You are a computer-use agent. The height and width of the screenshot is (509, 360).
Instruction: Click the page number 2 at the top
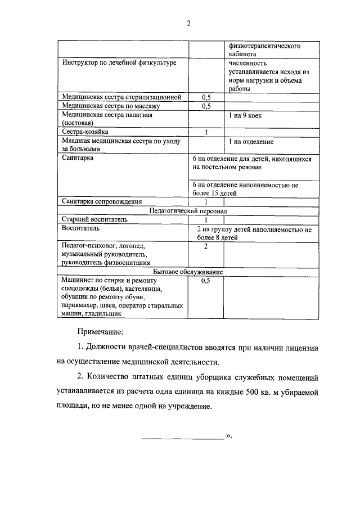point(188,23)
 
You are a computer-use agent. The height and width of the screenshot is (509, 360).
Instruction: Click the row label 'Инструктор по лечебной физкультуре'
point(119,63)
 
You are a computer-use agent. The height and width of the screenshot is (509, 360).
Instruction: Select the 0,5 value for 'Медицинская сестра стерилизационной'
point(206,97)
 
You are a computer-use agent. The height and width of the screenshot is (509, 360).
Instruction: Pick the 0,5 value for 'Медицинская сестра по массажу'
point(206,106)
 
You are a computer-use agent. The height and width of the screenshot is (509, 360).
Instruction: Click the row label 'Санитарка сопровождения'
point(102,201)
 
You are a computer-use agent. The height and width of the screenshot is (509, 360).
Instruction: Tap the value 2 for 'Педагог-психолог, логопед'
point(206,246)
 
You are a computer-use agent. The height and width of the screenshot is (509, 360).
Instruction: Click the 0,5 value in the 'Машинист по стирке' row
point(206,281)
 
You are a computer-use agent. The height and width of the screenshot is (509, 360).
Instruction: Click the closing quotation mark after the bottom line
point(229,435)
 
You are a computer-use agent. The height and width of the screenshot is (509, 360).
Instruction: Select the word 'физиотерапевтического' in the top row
point(264,46)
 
